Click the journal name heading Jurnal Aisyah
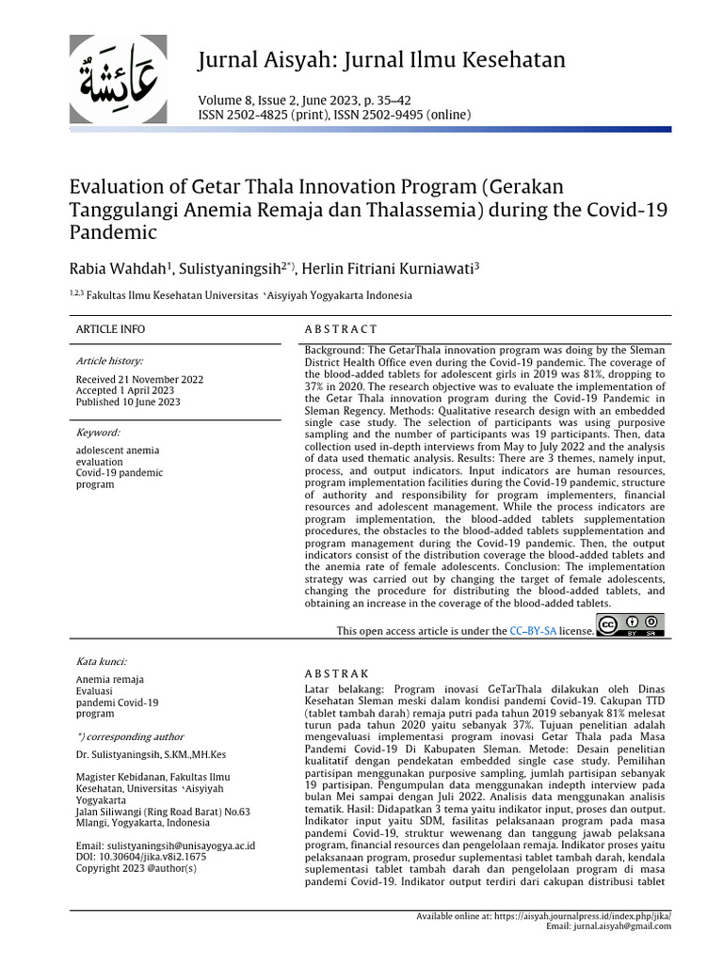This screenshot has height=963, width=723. point(381,61)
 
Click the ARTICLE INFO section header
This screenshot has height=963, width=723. point(111,329)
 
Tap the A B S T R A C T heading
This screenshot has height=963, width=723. point(341,329)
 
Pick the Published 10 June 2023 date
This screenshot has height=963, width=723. point(127,402)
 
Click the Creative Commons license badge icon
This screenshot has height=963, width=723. point(631,626)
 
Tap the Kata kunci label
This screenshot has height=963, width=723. point(101,662)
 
